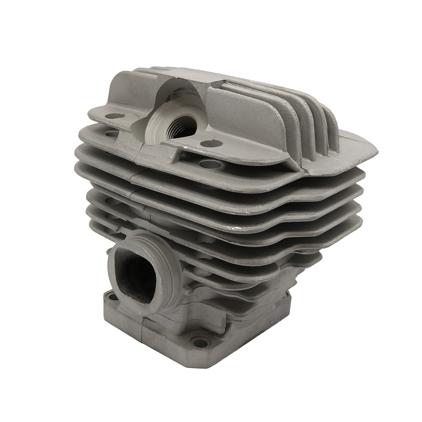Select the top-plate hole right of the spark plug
tap(211, 143)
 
